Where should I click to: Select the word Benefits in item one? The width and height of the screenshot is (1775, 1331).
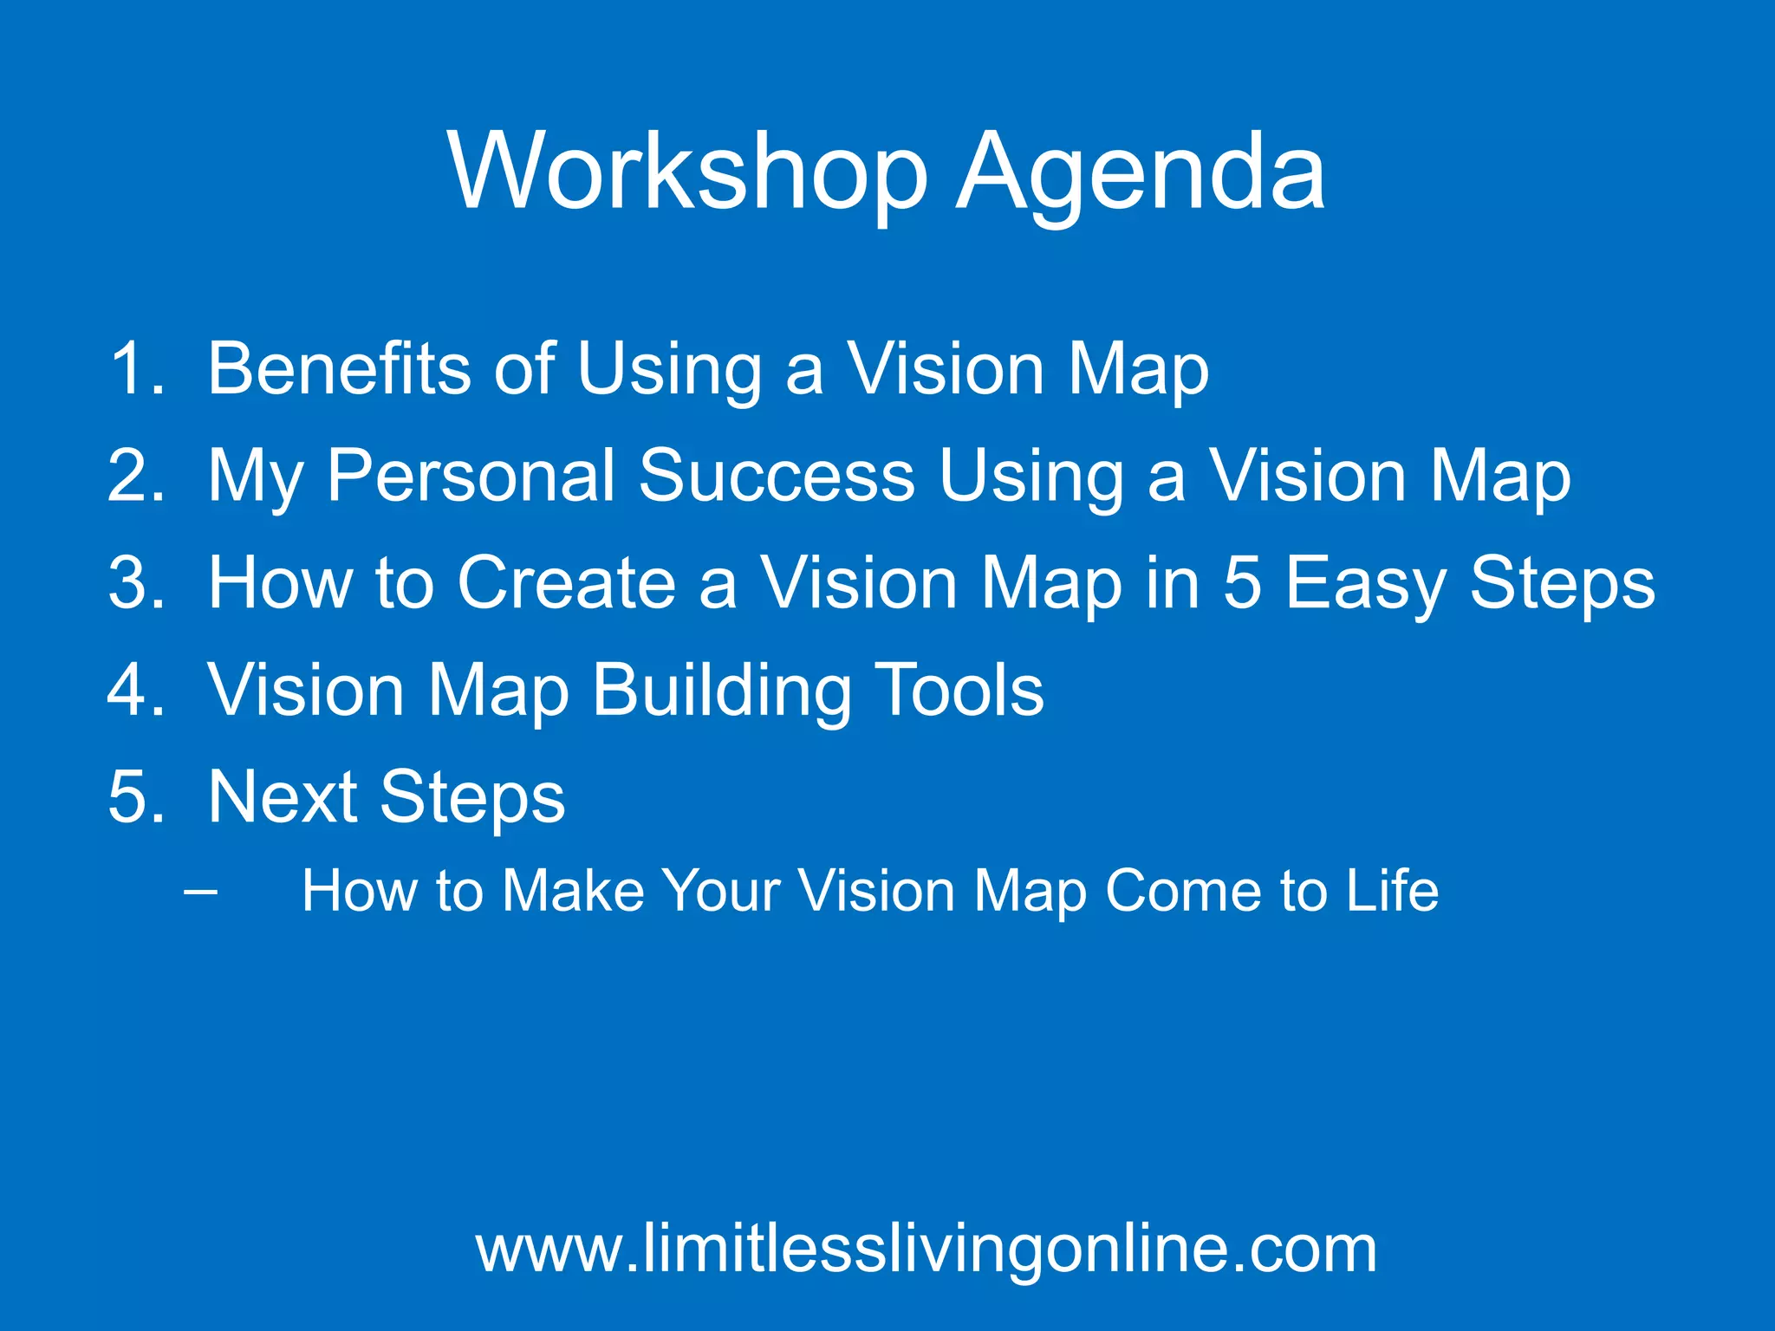click(x=339, y=369)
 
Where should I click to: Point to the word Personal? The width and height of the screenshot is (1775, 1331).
click(x=471, y=476)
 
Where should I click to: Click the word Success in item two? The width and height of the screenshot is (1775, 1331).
click(x=777, y=476)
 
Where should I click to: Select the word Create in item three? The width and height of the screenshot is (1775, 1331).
click(x=566, y=583)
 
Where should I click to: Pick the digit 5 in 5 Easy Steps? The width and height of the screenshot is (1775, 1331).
click(x=1242, y=583)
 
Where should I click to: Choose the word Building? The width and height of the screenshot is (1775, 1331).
click(x=721, y=691)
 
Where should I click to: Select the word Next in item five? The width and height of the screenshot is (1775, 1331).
click(x=283, y=797)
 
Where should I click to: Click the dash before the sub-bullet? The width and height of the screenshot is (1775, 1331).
click(x=201, y=891)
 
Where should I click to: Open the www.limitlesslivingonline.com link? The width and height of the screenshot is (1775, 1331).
click(x=926, y=1250)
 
